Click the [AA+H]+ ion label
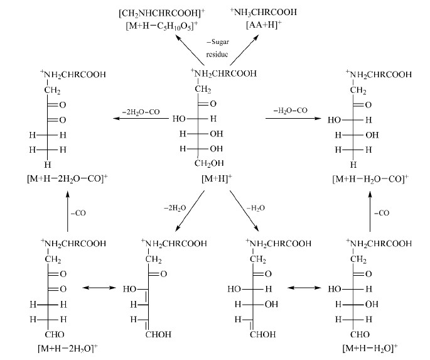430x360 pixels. pyautogui.click(x=264, y=25)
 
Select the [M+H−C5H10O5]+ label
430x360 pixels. pyautogui.click(x=162, y=26)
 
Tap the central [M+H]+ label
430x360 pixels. pyautogui.click(x=217, y=178)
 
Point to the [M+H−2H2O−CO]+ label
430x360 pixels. pyautogui.click(x=67, y=178)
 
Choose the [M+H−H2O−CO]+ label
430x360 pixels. pyautogui.click(x=370, y=178)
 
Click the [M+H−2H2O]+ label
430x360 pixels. pyautogui.click(x=68, y=348)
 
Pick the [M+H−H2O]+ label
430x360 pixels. pyautogui.click(x=370, y=348)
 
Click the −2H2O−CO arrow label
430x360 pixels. pyautogui.click(x=141, y=112)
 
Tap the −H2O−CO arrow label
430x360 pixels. pyautogui.click(x=291, y=111)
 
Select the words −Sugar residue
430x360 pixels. pyautogui.click(x=217, y=48)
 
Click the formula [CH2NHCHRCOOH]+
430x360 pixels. pyautogui.click(x=162, y=13)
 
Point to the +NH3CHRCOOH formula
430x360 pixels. pyautogui.click(x=264, y=12)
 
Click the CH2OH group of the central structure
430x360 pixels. pyautogui.click(x=209, y=163)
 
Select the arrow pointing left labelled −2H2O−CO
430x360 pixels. pyautogui.click(x=141, y=118)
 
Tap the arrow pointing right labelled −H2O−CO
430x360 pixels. pyautogui.click(x=293, y=118)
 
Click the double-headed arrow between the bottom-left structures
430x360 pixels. pyautogui.click(x=99, y=288)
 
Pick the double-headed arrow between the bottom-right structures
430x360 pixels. pyautogui.click(x=304, y=288)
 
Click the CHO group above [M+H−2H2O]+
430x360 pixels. pyautogui.click(x=55, y=334)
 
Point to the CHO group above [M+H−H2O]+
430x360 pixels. pyautogui.click(x=360, y=334)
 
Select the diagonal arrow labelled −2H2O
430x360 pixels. pyautogui.click(x=190, y=210)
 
